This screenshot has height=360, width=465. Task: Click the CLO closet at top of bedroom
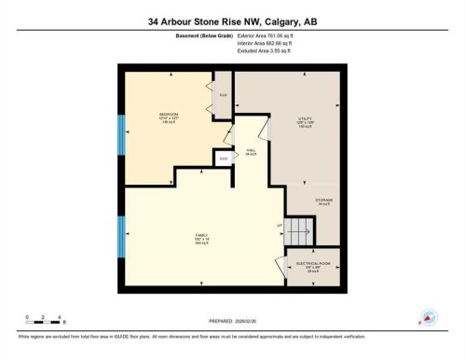(x=224, y=94)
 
